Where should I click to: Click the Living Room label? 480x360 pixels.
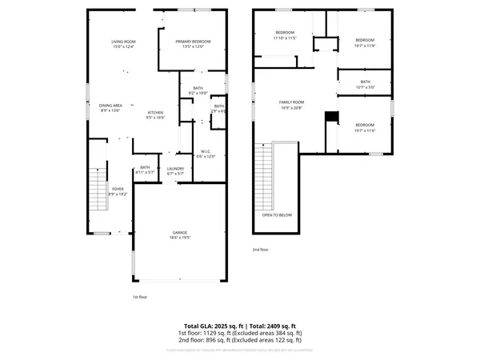123,43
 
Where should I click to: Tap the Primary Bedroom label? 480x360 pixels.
193,43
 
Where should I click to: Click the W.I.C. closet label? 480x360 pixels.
206,153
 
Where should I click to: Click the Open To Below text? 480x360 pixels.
277,215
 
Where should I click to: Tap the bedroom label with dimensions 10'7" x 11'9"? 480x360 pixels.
365,42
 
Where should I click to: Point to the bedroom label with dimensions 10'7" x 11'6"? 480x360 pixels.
365,127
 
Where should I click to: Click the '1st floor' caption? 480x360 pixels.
141,297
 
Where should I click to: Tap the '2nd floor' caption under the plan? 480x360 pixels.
261,250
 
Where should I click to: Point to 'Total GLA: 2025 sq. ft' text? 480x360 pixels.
210,326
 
